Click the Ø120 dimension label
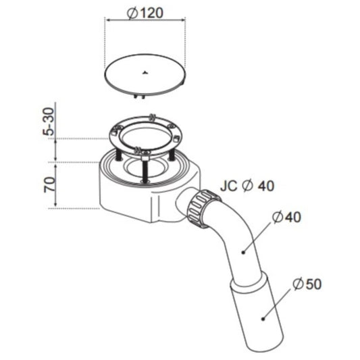pos(145,13)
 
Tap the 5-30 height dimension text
pos(49,121)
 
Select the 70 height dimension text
pos(49,184)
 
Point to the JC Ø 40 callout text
pos(247,186)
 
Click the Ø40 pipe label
pos(286,217)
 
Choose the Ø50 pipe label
pos(307,284)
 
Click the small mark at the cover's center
pos(145,73)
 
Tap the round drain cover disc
pos(145,74)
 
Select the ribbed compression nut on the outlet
pos(202,208)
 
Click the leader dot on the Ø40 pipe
pos(243,253)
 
